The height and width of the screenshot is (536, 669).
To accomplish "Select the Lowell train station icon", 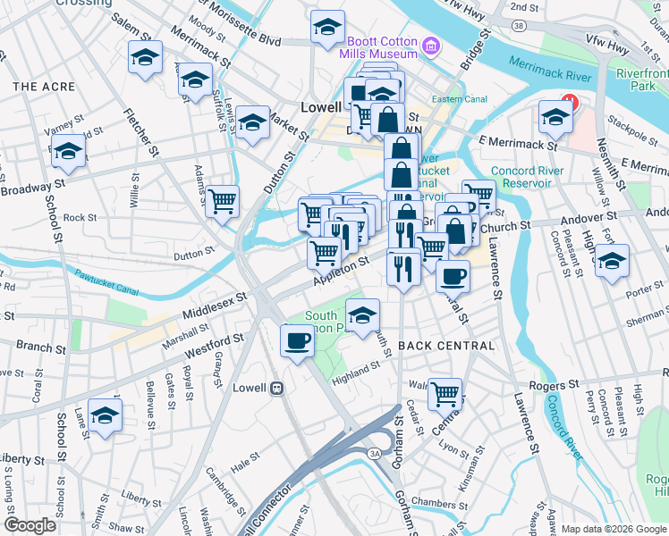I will [277, 389].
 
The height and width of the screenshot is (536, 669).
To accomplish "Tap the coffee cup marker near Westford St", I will [297, 340].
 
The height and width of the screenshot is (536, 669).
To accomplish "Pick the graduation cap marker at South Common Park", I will [362, 315].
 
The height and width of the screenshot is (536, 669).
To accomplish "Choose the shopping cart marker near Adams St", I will [222, 200].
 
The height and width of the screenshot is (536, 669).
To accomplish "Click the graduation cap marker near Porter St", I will [612, 262].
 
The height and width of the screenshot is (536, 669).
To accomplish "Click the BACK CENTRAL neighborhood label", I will [446, 346].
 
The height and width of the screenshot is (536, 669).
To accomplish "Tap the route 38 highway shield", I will [520, 26].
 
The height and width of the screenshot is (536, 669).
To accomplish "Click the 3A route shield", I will [375, 455].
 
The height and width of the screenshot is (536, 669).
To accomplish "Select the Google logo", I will [30, 525].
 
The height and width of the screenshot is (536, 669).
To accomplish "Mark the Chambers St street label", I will [435, 504].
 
